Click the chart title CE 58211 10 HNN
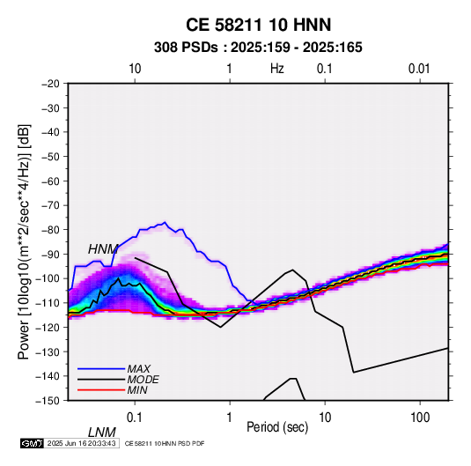[258, 25]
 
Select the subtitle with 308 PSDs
[258, 48]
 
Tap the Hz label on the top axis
[276, 69]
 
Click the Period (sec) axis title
[277, 427]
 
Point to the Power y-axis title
[24, 242]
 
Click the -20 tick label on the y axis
[50, 84]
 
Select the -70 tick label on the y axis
[50, 205]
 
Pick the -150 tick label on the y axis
[48, 401]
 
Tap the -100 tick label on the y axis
[48, 278]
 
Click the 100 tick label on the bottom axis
[420, 418]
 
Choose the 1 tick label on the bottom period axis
[230, 418]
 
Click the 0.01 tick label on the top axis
[419, 69]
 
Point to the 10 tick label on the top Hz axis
[135, 69]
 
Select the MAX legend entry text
[138, 369]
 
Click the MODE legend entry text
[143, 380]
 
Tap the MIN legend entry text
[137, 390]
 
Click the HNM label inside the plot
[103, 249]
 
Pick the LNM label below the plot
[101, 433]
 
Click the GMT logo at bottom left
[33, 443]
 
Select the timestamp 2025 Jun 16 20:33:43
[81, 443]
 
